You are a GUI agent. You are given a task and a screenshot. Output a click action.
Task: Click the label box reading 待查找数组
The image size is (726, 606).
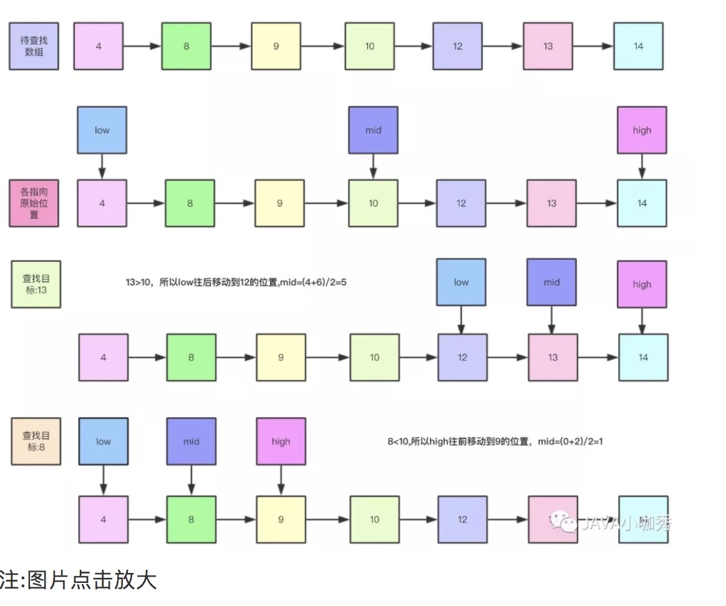coord(34,46)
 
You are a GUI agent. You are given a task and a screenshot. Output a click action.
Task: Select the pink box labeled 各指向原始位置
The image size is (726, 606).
coord(34,203)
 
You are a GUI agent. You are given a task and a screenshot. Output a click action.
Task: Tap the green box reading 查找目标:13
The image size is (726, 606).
coord(36,284)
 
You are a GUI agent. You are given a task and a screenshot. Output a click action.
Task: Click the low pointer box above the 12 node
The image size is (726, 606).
coord(461,282)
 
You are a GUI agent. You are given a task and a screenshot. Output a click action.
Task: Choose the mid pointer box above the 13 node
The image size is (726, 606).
coord(551,282)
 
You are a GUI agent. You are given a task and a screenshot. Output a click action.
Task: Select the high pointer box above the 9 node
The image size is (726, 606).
coord(281,441)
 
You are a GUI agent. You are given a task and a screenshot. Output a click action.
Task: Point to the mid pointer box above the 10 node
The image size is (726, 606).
coord(373,130)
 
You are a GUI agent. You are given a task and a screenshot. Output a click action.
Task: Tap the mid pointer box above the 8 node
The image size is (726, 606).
coord(191,441)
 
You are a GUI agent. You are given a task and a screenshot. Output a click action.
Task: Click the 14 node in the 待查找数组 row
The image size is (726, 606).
coord(638,46)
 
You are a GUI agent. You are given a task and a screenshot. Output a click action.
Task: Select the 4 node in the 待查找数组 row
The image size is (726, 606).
coord(99,46)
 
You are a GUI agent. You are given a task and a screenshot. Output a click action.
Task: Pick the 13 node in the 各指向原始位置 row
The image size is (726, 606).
coord(551,203)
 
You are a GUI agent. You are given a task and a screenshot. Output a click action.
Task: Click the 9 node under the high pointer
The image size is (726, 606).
coord(281,519)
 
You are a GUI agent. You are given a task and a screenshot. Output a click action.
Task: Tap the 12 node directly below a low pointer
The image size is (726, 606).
coord(462,357)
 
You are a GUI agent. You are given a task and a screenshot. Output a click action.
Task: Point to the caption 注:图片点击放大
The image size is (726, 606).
coord(77,580)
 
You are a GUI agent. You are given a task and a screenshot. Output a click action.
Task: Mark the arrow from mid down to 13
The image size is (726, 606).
coord(552,320)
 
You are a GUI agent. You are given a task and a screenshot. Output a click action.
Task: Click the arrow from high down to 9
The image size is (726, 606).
coord(281,480)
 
